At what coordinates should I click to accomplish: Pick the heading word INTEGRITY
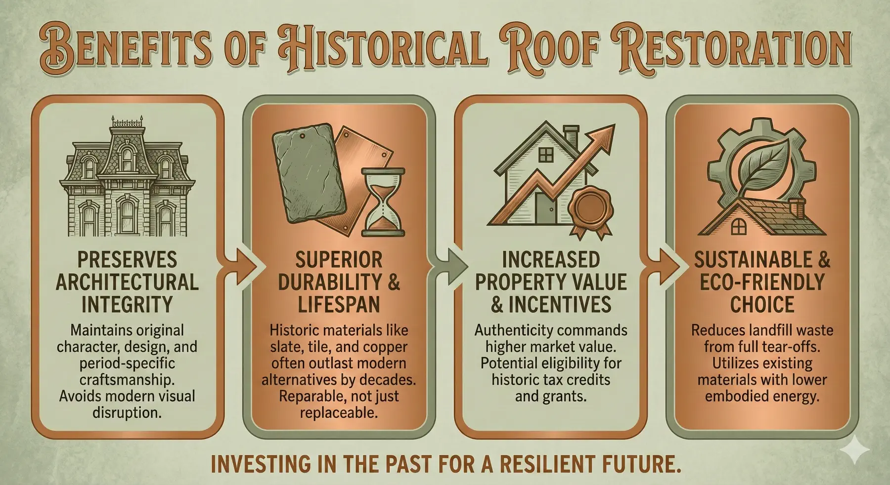pyautogui.click(x=127, y=304)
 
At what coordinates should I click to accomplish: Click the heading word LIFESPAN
pyautogui.click(x=339, y=304)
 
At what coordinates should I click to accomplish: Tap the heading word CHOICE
pyautogui.click(x=762, y=304)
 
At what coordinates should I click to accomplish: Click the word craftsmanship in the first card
pyautogui.click(x=127, y=380)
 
